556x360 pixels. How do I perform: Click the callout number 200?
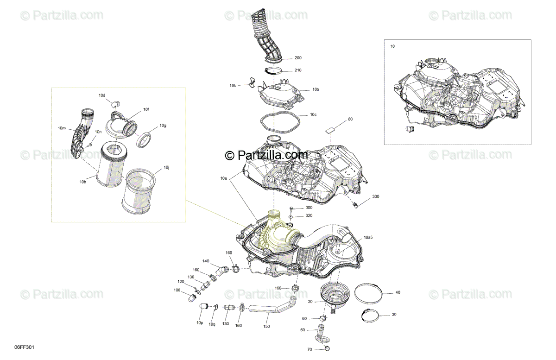(x=298, y=58)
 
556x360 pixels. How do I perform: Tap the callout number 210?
(x=298, y=70)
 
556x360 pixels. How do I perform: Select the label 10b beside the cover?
(x=316, y=89)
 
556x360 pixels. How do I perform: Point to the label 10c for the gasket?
(x=313, y=115)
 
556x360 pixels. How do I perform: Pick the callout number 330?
(x=376, y=196)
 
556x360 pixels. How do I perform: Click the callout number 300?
(x=309, y=208)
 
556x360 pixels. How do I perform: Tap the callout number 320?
(x=309, y=216)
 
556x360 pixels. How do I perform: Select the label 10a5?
(x=368, y=238)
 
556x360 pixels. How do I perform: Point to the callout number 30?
(x=394, y=315)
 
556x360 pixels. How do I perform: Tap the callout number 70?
(x=310, y=349)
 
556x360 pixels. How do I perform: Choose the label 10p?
(x=200, y=323)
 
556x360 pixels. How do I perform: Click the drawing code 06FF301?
(x=24, y=347)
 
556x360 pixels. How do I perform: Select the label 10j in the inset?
(x=166, y=168)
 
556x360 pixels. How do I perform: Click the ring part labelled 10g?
(x=144, y=140)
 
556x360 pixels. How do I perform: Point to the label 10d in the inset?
(x=102, y=95)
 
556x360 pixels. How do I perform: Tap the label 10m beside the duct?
(x=62, y=128)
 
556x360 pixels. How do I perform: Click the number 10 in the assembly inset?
(x=392, y=46)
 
